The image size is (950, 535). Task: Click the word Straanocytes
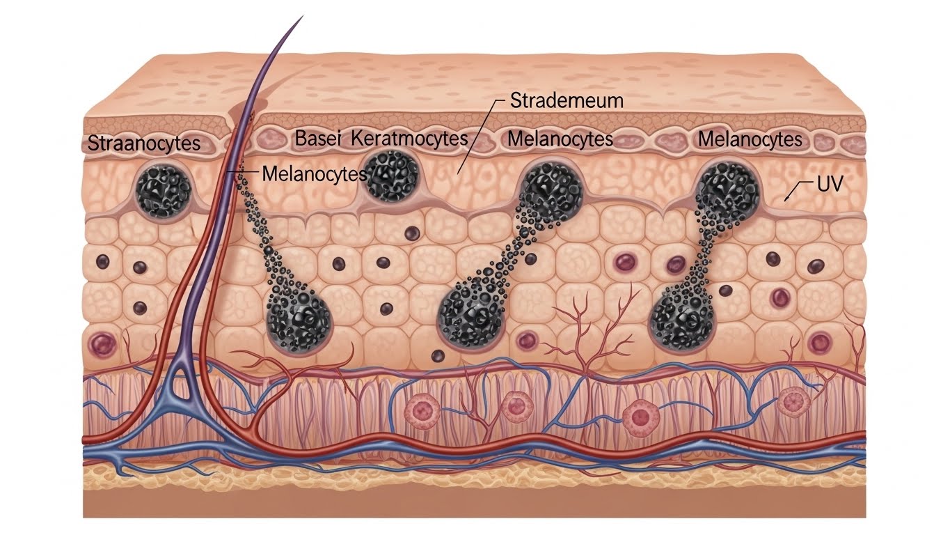pos(144,144)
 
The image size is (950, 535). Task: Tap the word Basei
pos(320,138)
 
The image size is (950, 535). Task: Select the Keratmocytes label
pos(411,138)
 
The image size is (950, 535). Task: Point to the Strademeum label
pos(567,100)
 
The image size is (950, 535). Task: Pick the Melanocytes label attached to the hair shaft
pos(314,173)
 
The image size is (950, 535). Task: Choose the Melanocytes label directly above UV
pos(750,139)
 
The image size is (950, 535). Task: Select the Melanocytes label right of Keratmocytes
pos(560,139)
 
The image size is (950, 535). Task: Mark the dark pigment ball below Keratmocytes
pos(390,176)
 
